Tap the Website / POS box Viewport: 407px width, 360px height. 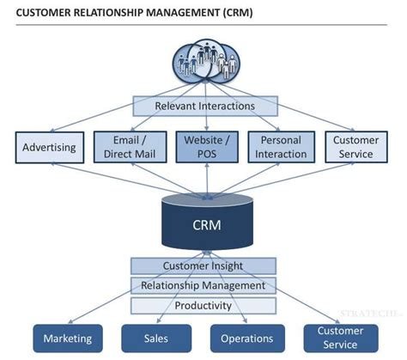(x=203, y=147)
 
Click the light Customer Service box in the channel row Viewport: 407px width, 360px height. (x=356, y=147)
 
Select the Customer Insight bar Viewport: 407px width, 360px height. (x=203, y=266)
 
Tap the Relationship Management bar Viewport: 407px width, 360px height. (x=203, y=285)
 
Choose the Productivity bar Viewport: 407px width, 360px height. (x=203, y=305)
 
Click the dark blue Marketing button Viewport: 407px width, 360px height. (x=68, y=338)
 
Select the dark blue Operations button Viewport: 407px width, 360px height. (x=247, y=338)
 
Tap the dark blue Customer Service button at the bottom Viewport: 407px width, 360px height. (x=340, y=338)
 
